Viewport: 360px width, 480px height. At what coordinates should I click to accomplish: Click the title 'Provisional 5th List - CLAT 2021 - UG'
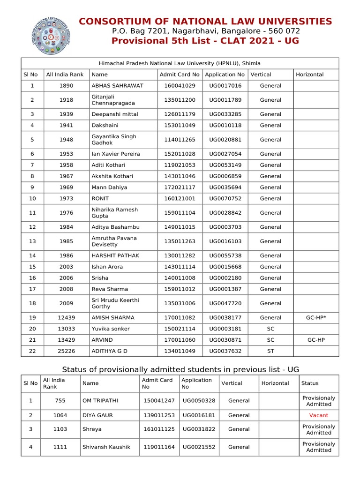pyautogui.click(x=205, y=41)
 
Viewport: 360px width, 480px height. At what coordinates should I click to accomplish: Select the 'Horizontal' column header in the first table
pyautogui.click(x=309, y=74)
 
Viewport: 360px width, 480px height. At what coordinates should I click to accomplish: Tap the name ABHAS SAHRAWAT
pyautogui.click(x=117, y=86)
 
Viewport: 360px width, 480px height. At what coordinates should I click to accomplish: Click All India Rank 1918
pyautogui.click(x=66, y=100)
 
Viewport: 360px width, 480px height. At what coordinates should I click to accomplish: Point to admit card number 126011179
pyautogui.click(x=180, y=114)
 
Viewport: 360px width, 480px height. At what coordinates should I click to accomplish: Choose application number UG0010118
pyautogui.click(x=225, y=126)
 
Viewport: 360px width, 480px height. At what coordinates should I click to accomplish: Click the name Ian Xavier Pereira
pyautogui.click(x=116, y=154)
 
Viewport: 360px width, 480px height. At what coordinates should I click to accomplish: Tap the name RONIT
pyautogui.click(x=100, y=199)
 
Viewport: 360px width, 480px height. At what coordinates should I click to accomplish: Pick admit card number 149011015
pyautogui.click(x=180, y=227)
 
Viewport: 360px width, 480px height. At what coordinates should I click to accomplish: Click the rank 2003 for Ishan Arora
pyautogui.click(x=66, y=267)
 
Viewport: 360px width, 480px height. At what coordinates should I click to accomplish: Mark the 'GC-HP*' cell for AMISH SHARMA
pyautogui.click(x=316, y=318)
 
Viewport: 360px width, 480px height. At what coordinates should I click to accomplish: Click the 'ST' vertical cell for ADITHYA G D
pyautogui.click(x=270, y=351)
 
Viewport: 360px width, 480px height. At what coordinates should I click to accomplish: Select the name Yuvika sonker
pyautogui.click(x=111, y=329)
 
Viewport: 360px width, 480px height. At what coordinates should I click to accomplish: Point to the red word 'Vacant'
pyautogui.click(x=319, y=415)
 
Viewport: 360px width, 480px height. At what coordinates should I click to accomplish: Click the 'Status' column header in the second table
pyautogui.click(x=310, y=383)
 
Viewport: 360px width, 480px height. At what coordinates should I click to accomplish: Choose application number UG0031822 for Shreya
pyautogui.click(x=199, y=429)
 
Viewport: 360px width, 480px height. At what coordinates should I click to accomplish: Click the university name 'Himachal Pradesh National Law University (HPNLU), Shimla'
pyautogui.click(x=180, y=63)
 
